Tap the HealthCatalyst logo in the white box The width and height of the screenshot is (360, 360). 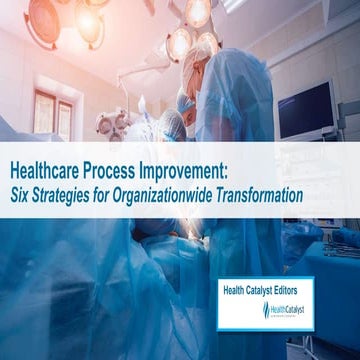[x=290, y=311]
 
